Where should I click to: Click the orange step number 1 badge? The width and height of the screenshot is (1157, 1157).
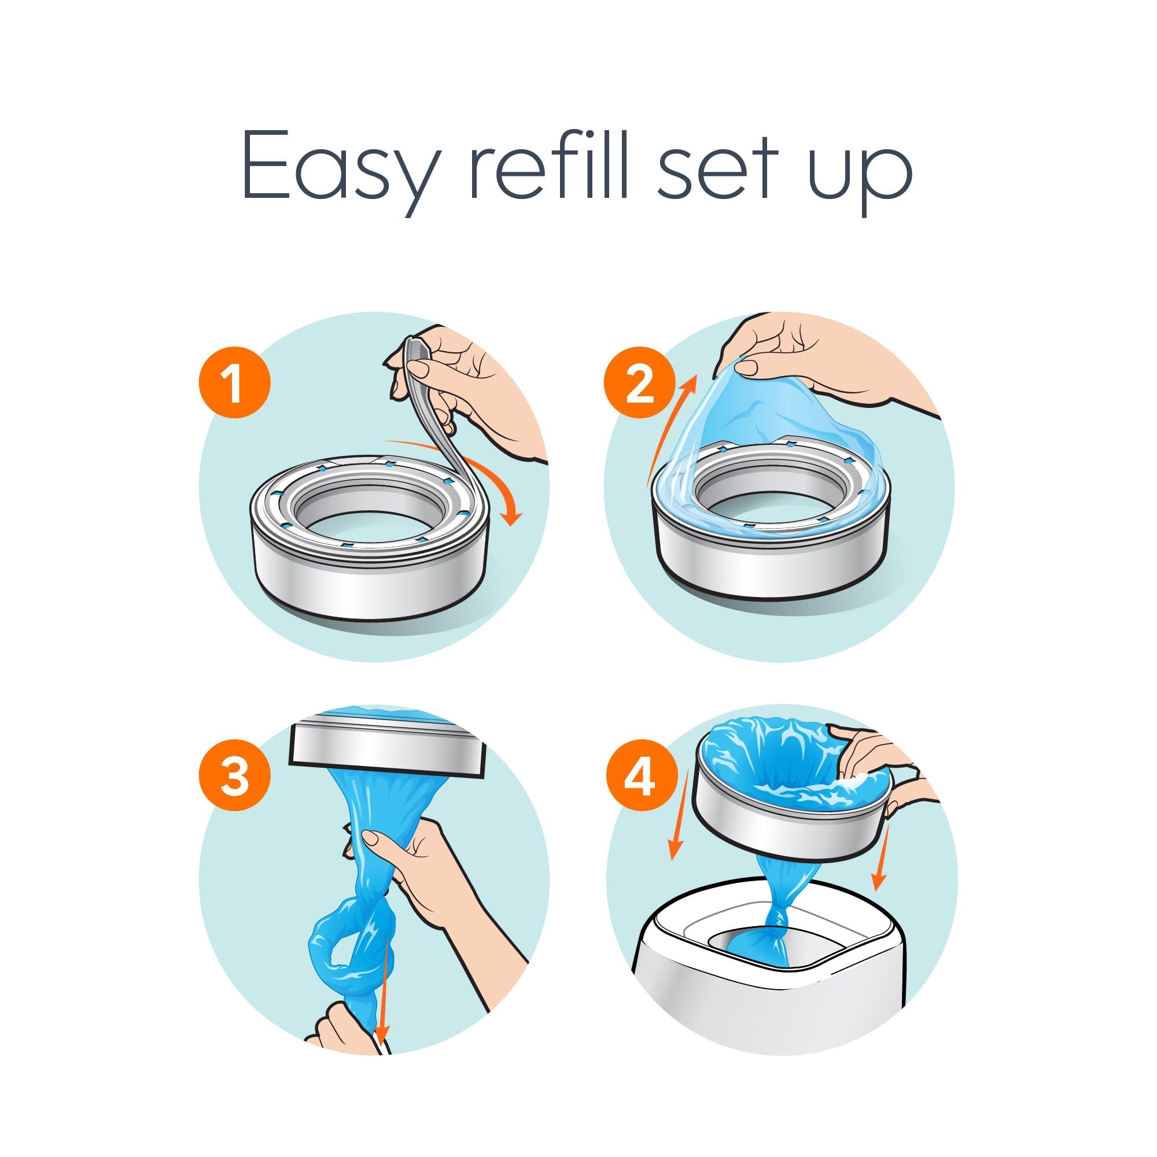click(x=234, y=384)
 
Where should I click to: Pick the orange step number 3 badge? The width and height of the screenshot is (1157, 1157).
click(x=234, y=778)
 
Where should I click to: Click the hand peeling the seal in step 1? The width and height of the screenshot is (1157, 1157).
click(x=473, y=389)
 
